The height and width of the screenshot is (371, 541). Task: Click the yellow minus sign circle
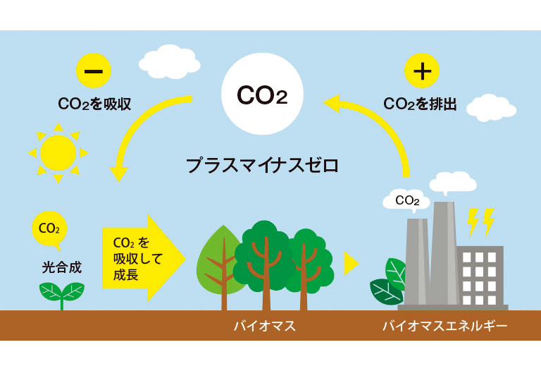coord(94,71)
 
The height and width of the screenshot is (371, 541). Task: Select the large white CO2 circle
coord(262,94)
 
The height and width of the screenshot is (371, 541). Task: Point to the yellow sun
coord(58,152)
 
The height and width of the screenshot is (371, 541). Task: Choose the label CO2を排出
coord(421,105)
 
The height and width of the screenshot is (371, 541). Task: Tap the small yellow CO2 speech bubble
coord(49,228)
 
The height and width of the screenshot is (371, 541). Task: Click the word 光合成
coord(62,267)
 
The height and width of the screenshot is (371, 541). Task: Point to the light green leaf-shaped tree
coord(219,261)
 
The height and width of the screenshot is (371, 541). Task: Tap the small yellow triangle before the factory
coord(351,264)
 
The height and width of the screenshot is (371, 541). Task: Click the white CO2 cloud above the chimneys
coord(407,200)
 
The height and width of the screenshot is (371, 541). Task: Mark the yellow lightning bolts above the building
coord(481,221)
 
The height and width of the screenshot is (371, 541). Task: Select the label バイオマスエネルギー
coord(444,327)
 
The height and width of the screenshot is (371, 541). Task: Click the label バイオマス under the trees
coord(264,327)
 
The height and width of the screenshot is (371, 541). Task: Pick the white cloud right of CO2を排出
coord(491,107)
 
